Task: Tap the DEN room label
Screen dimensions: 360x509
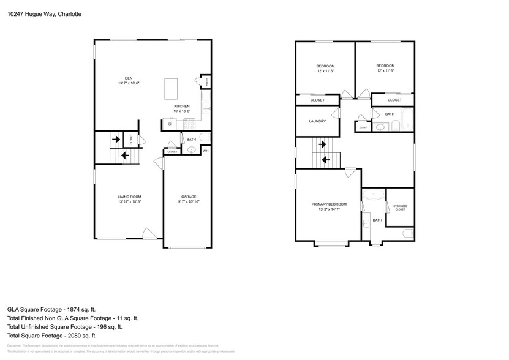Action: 129,78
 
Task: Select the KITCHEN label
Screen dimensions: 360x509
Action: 181,106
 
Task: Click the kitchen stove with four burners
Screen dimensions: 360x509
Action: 188,124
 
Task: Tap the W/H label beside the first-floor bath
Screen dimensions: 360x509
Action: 206,151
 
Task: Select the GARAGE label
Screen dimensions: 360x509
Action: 188,197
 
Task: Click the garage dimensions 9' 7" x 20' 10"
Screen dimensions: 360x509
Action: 188,201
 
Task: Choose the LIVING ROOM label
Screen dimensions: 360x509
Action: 130,197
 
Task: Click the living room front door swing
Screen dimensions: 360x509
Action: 148,233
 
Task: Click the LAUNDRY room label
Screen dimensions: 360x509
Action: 317,121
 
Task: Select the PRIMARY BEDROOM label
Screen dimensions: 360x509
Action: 329,204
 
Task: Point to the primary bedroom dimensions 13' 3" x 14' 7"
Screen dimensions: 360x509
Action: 329,209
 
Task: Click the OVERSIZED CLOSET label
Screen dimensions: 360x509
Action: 400,208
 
